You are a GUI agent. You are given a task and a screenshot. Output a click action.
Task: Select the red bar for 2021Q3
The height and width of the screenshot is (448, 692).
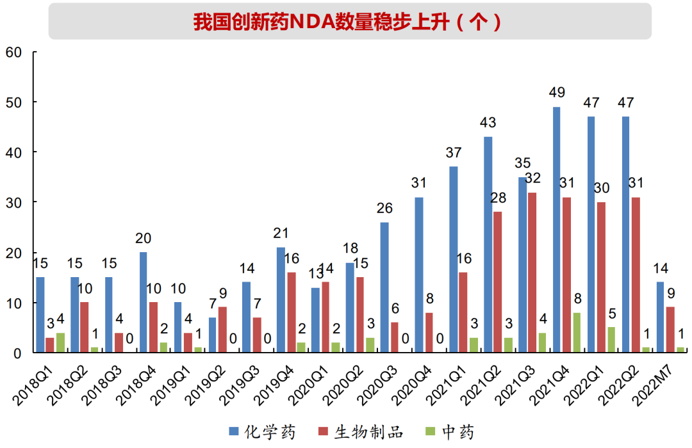[x=532, y=273]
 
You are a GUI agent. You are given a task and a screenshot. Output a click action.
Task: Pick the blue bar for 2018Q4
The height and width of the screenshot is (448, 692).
[x=143, y=303]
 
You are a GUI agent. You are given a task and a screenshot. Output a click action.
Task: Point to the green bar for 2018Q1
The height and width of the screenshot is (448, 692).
[x=60, y=342]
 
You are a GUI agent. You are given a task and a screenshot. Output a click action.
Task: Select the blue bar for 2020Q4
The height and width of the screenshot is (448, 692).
[x=418, y=275]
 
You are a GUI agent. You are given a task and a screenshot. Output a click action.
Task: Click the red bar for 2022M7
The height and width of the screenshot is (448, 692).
[x=670, y=330]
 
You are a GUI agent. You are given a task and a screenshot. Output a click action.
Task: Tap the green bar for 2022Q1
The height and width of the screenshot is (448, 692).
[x=611, y=340]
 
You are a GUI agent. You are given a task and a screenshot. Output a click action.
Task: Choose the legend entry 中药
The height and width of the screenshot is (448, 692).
[x=458, y=433]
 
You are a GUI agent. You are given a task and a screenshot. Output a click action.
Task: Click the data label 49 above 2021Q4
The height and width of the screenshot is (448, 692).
[x=557, y=93]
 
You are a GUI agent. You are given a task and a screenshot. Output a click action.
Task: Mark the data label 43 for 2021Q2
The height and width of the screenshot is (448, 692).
[x=488, y=123]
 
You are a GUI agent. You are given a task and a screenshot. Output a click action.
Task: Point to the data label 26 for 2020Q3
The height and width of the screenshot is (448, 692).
[x=384, y=209]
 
